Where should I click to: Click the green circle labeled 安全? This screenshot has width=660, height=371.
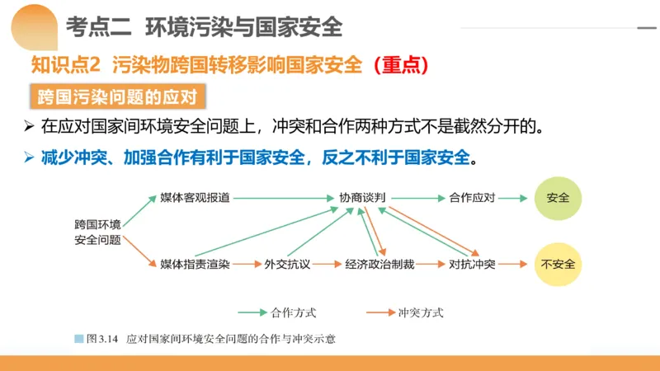pos(559,199)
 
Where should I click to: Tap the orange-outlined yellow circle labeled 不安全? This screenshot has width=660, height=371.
pos(559,264)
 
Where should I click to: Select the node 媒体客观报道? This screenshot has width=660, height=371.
pos(195,199)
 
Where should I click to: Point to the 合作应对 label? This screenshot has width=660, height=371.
pos(472,199)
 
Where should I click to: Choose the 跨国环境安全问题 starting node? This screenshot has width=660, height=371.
pos(97,232)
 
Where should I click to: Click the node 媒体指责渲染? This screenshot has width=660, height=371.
pos(195,265)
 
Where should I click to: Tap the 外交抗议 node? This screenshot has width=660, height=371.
pos(286,265)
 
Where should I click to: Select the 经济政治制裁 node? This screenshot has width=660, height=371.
pos(380,265)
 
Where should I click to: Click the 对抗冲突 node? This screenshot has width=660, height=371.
pos(472,265)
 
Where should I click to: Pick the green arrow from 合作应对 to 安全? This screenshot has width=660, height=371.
pos(512,199)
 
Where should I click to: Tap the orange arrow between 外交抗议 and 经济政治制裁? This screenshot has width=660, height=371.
pos(328,265)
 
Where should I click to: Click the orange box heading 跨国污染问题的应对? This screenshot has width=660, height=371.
pos(116,96)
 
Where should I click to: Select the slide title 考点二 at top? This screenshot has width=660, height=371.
pos(98,27)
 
